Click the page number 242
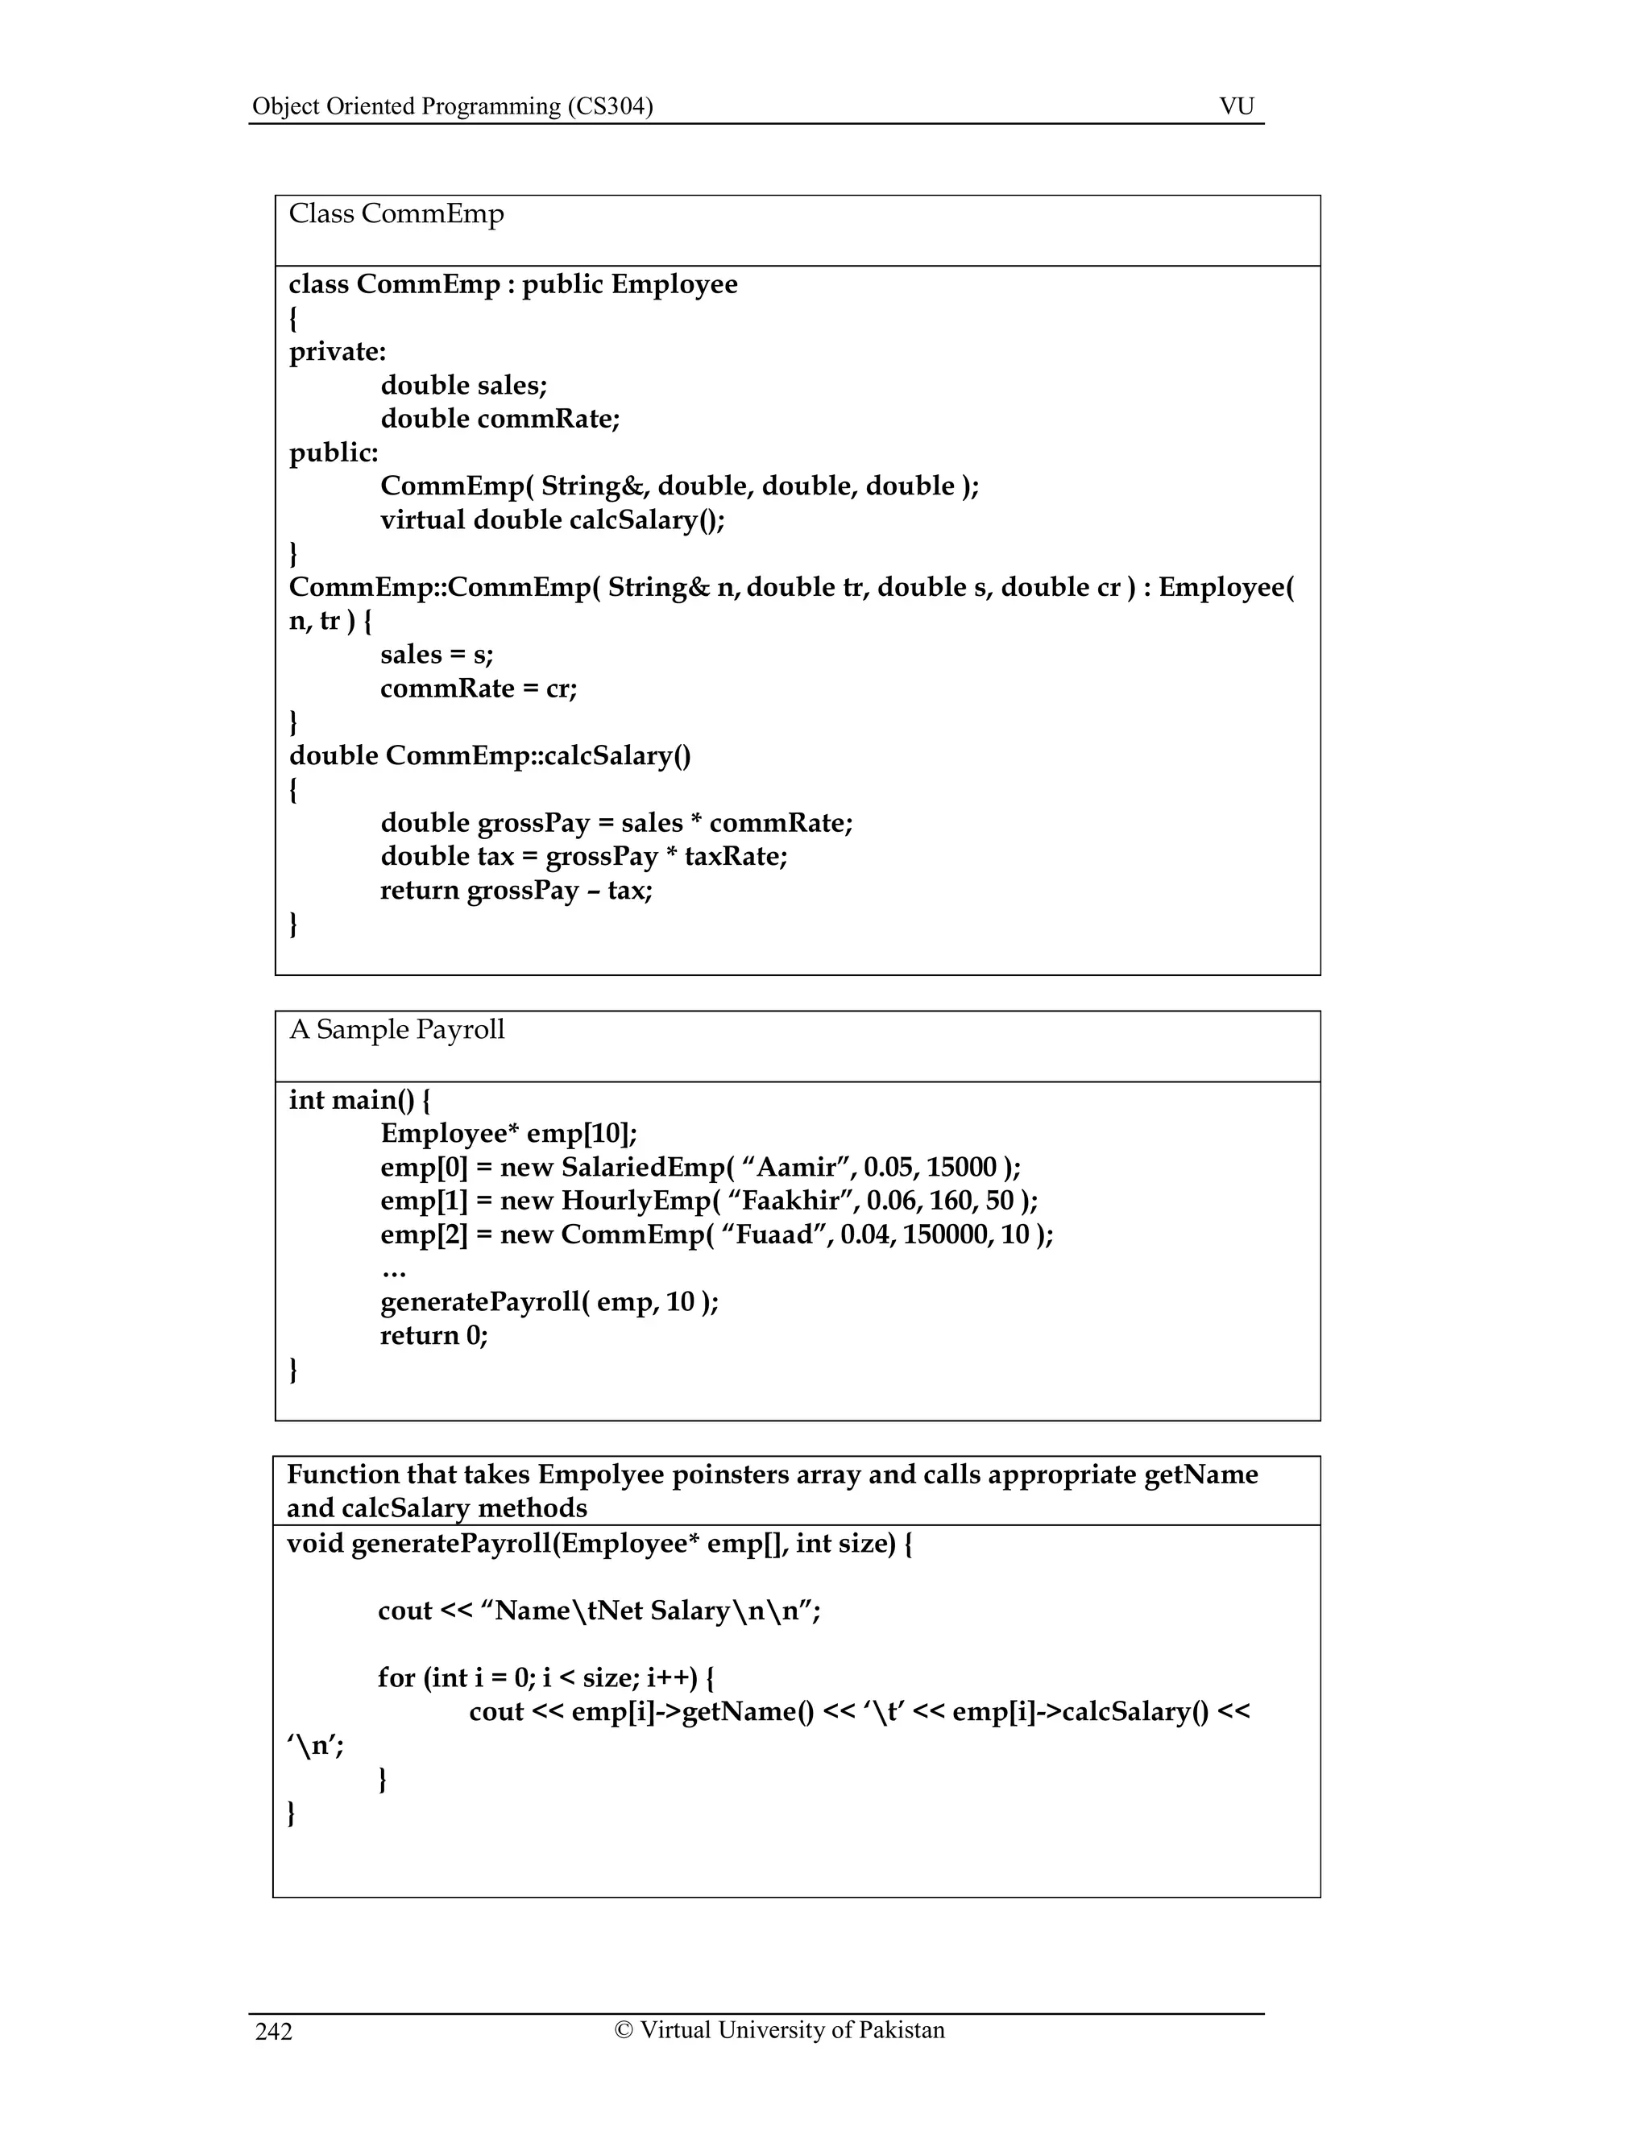point(274,2033)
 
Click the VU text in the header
point(1237,105)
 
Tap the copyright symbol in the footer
point(623,2029)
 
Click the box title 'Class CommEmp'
point(396,214)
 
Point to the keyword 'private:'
point(338,352)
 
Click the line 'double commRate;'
point(500,420)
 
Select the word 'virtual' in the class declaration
point(422,520)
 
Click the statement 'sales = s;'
point(436,655)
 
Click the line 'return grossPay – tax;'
point(516,890)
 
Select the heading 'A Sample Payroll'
point(397,1030)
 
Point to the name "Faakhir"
point(791,1201)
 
